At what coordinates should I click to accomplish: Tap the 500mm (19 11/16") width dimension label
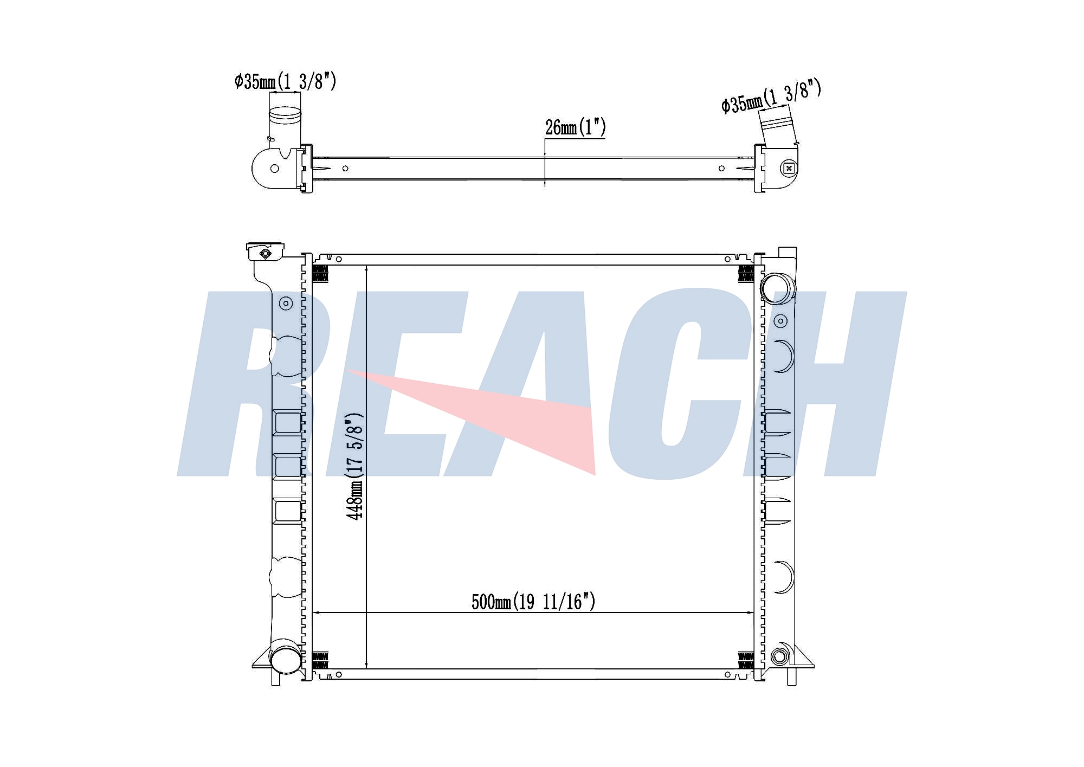533,602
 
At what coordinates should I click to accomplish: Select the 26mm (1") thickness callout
575,127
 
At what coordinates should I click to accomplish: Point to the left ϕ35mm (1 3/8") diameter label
286,81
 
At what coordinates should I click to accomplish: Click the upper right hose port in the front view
777,287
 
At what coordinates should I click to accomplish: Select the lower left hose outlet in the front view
286,657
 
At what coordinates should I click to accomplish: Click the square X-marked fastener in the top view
789,168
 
